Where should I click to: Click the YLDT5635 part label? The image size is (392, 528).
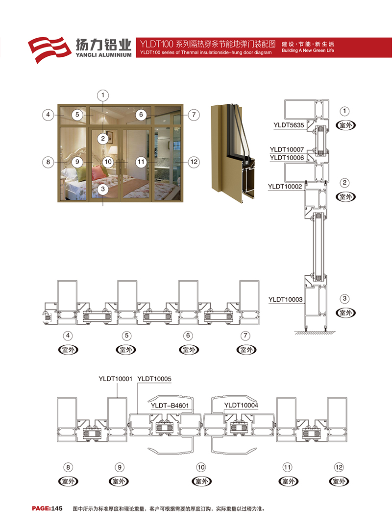(x=289, y=125)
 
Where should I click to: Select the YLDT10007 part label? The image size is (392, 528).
(x=287, y=149)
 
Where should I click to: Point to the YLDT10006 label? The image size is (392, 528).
(x=287, y=158)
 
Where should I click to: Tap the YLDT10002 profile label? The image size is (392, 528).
(x=285, y=186)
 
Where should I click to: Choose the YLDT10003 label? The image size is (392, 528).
(x=285, y=299)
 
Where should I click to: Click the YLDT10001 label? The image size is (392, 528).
(x=116, y=379)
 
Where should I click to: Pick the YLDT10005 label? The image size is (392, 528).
(x=154, y=379)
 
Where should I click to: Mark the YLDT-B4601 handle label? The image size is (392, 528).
(x=170, y=406)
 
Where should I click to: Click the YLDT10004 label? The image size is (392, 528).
(x=241, y=405)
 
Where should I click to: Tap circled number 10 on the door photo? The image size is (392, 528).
(x=108, y=162)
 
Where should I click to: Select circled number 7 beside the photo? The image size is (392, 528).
(x=194, y=115)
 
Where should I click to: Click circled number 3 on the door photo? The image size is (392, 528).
(x=103, y=189)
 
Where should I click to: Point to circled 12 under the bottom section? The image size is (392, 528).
(x=339, y=467)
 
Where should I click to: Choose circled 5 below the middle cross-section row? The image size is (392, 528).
(x=126, y=336)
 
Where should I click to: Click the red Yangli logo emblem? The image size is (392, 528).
(x=49, y=49)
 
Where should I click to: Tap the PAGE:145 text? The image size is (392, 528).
(x=47, y=508)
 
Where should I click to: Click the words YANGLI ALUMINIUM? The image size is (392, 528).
(x=104, y=55)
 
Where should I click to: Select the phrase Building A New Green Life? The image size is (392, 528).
(x=308, y=50)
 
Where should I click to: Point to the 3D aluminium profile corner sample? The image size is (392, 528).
(x=233, y=153)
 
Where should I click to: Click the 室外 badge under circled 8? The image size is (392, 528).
(x=69, y=481)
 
